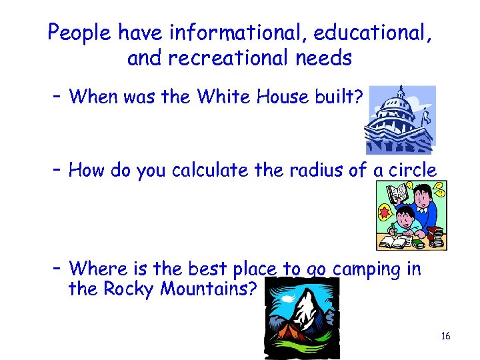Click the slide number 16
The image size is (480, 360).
(445, 336)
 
